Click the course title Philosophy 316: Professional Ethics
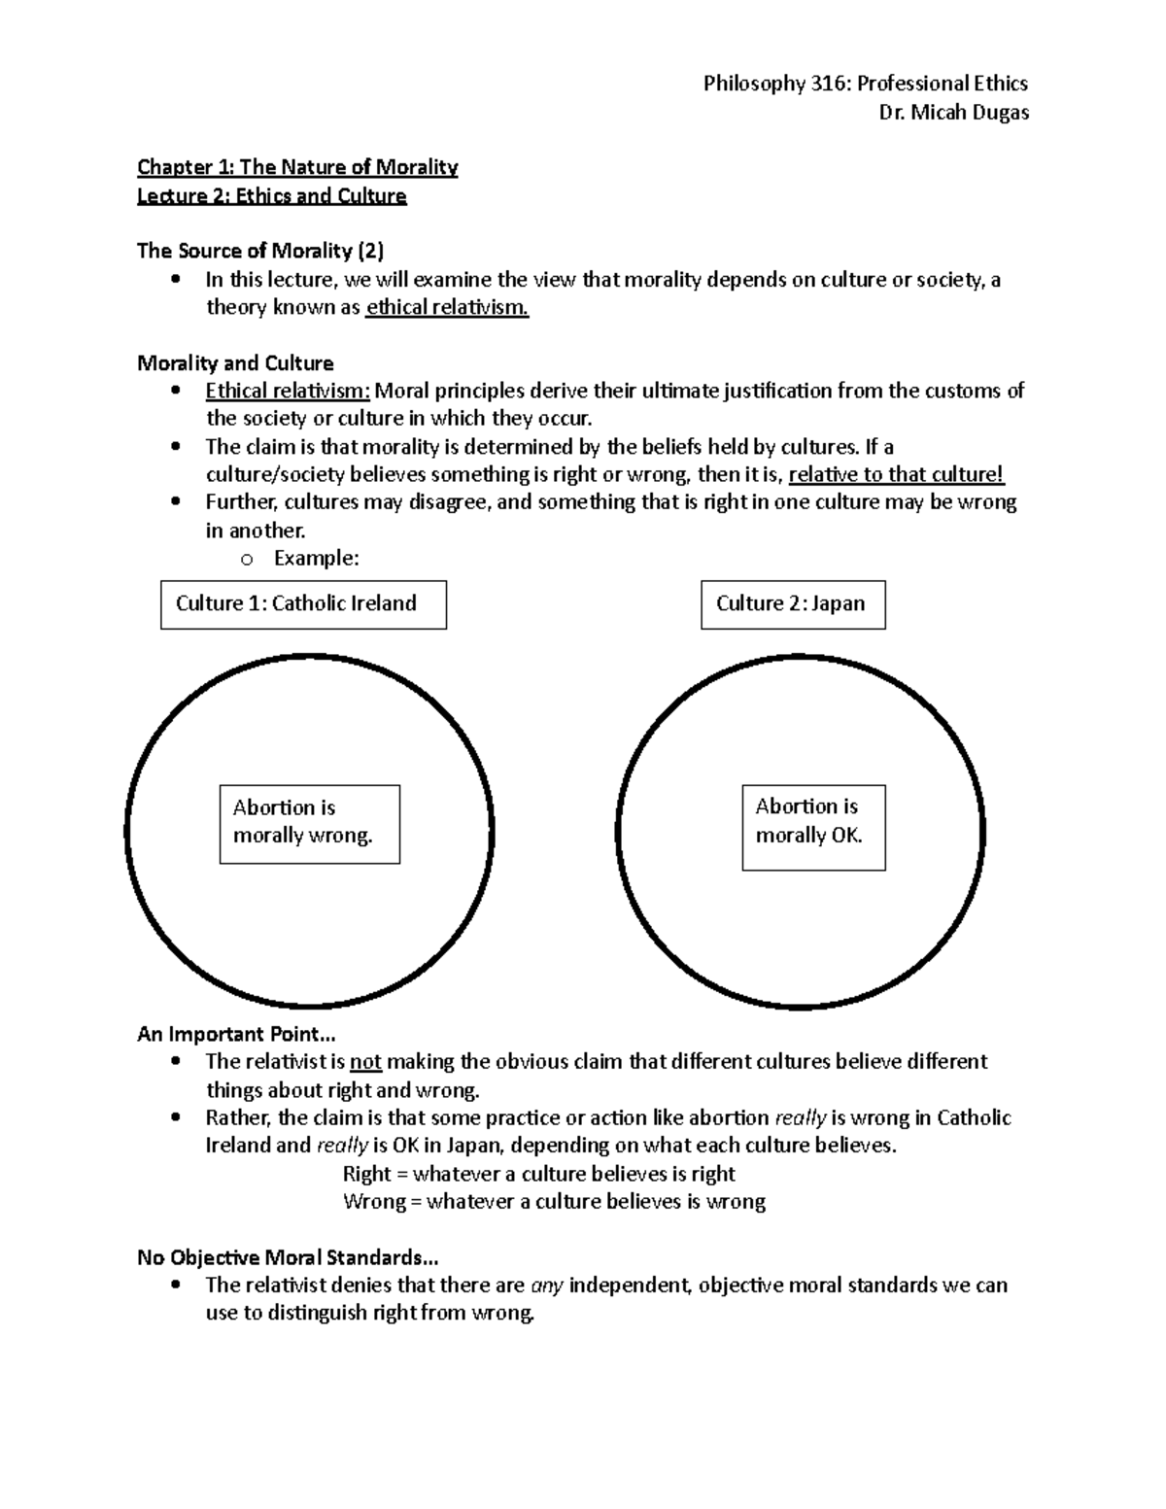click(x=865, y=84)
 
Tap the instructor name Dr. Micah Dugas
click(x=953, y=112)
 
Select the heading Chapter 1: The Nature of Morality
click(x=297, y=167)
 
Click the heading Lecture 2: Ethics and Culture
click(x=272, y=195)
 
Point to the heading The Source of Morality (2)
click(x=260, y=251)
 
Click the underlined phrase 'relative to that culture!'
click(x=896, y=474)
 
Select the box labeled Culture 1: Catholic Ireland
click(x=303, y=604)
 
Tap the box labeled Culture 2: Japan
click(x=793, y=604)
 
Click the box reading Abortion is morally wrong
click(x=309, y=823)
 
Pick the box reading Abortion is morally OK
click(x=813, y=827)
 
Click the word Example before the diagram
click(x=316, y=558)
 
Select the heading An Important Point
click(x=236, y=1034)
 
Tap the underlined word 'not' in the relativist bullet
click(x=365, y=1062)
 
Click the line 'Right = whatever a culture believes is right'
click(x=538, y=1174)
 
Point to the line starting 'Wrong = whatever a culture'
click(x=554, y=1202)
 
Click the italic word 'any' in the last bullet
click(x=546, y=1286)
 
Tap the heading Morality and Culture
click(x=235, y=363)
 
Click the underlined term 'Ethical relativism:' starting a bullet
click(x=288, y=391)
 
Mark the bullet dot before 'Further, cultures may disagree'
click(x=175, y=502)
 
